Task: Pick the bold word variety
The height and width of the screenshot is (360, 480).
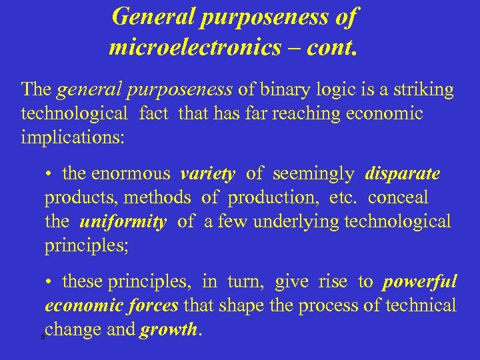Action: point(207,174)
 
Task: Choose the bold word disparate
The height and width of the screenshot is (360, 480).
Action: point(402,174)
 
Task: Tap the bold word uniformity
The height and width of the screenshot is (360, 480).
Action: point(123,221)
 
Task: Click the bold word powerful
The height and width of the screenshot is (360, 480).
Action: point(419,282)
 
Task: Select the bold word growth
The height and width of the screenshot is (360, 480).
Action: point(169,329)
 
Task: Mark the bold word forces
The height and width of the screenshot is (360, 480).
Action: point(153,305)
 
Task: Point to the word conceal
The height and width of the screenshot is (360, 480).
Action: point(398,198)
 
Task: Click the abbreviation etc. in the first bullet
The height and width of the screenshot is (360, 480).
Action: point(344,198)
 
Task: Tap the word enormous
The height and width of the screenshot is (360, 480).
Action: point(131,174)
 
